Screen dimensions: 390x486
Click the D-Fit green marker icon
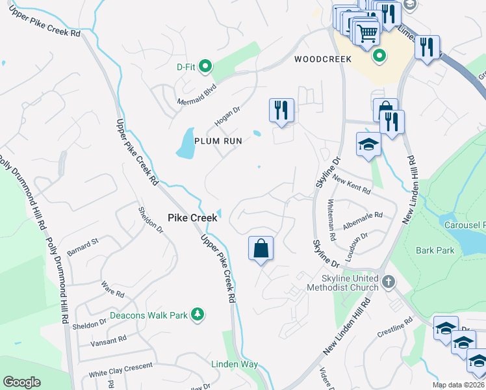tap(205, 66)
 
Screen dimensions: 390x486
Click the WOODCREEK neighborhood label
tap(322, 59)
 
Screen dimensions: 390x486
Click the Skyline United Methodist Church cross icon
tap(389, 281)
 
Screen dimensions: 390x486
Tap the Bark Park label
tap(435, 250)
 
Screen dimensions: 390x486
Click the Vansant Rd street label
tap(109, 340)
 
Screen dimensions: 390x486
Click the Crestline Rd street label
tap(395, 328)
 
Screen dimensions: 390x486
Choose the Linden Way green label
tap(235, 364)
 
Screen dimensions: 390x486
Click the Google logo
tap(22, 382)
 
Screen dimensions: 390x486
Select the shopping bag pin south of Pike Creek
tap(261, 248)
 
